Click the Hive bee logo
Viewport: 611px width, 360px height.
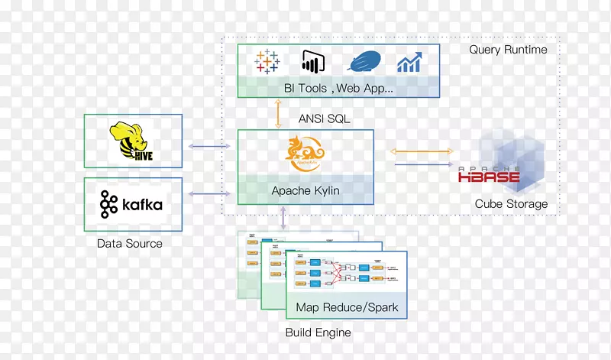pos(132,141)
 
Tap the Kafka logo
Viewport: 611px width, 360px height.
pos(131,204)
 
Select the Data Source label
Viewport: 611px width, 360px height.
pos(130,244)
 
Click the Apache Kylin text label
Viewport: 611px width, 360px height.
pos(305,190)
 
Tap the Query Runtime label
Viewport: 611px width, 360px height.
pos(508,50)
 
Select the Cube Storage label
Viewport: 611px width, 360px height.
pos(511,204)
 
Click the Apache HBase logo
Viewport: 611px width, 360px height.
pos(489,176)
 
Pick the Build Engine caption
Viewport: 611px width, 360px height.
pos(318,332)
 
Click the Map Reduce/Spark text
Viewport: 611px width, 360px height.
pos(347,309)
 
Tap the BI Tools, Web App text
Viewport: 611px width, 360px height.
pos(338,88)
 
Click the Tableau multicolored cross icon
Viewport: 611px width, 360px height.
pos(268,62)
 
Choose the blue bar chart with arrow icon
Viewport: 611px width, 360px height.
pos(409,62)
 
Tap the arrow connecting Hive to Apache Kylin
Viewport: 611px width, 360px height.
pos(209,146)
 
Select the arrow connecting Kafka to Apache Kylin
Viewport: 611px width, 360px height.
pos(209,194)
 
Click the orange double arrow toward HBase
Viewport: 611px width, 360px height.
pos(421,151)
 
